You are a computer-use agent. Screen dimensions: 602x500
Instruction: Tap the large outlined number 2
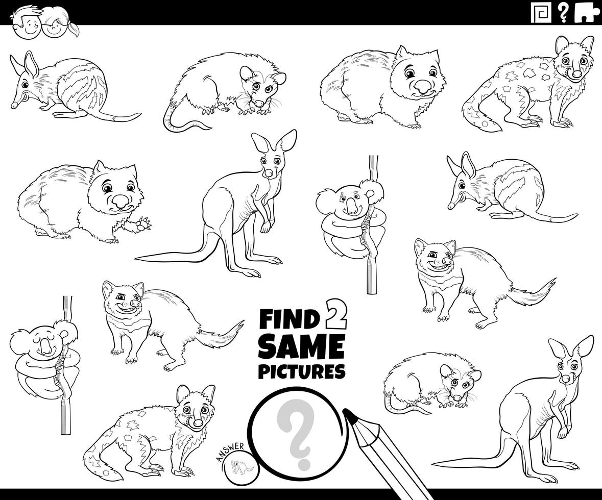click(335, 315)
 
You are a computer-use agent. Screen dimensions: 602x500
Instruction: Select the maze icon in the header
click(541, 12)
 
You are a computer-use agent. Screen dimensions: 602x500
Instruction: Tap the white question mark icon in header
click(563, 12)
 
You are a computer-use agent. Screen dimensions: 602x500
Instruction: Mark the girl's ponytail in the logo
click(73, 29)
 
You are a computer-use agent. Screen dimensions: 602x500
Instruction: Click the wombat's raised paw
click(143, 224)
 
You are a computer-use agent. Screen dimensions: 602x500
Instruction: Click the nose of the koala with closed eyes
click(45, 347)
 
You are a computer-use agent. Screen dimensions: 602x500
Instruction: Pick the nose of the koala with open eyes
click(351, 207)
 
